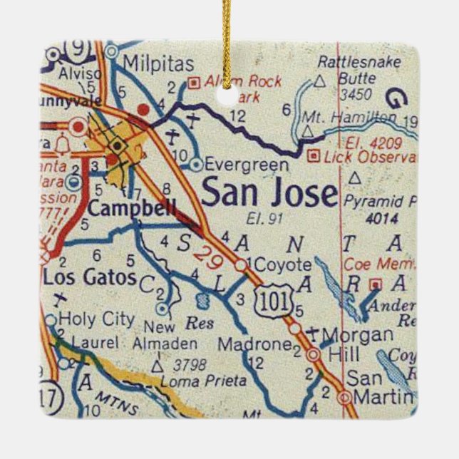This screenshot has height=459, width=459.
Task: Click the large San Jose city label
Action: (269, 193)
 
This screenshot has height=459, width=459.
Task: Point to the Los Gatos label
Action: (89, 277)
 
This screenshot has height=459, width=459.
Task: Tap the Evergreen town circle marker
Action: (196, 165)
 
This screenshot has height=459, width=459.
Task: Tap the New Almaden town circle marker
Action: (163, 309)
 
